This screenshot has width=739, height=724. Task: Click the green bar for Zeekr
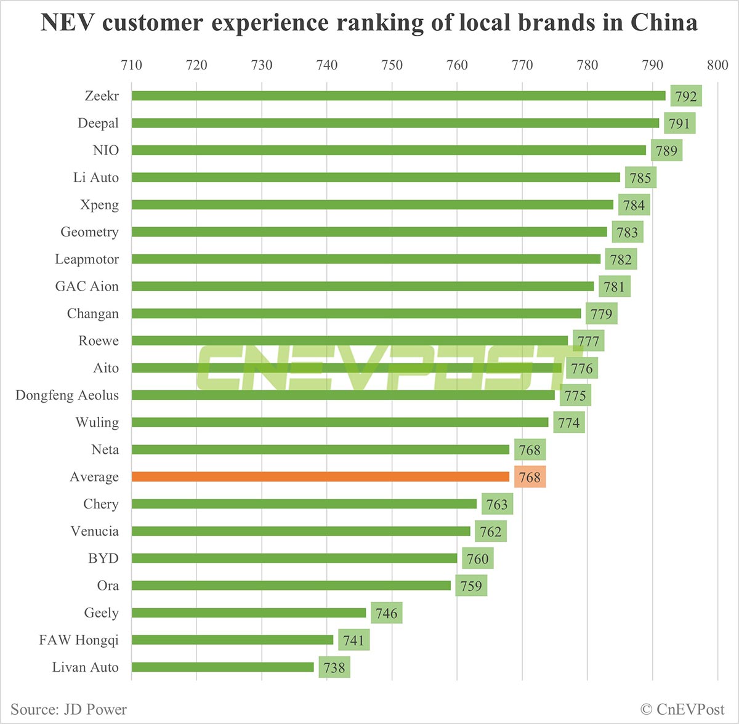point(398,95)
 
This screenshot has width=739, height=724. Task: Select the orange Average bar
point(320,477)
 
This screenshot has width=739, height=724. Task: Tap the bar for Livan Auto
point(222,667)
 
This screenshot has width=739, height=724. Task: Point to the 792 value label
point(685,96)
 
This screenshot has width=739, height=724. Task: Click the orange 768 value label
point(529,477)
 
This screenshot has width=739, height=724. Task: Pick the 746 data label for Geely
point(386,613)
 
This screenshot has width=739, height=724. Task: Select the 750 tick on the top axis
point(392,65)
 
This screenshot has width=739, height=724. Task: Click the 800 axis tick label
point(717,65)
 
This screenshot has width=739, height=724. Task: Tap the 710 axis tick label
point(131,65)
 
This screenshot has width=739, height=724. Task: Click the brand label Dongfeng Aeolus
point(67,395)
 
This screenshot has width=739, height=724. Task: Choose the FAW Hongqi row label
point(79,640)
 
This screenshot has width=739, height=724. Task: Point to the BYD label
point(103,558)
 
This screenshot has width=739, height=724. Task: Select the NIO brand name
point(105,150)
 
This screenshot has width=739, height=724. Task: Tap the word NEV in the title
point(67,23)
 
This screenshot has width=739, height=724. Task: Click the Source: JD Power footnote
point(68,709)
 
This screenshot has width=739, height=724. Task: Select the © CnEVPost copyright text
point(682,709)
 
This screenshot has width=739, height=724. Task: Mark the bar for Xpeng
point(372,204)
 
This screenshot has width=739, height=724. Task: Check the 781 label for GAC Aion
point(614,287)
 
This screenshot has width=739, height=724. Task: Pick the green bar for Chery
point(304,504)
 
